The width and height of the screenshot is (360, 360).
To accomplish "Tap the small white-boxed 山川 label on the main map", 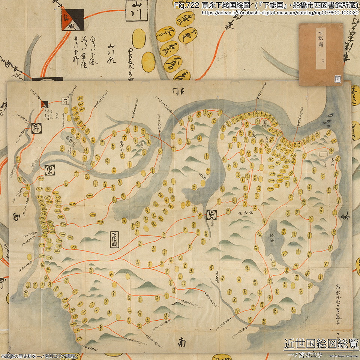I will (x=64, y=101).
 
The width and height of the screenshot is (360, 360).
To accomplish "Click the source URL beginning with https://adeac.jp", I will (x=280, y=12).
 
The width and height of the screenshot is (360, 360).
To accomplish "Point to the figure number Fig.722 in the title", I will (x=186, y=5).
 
